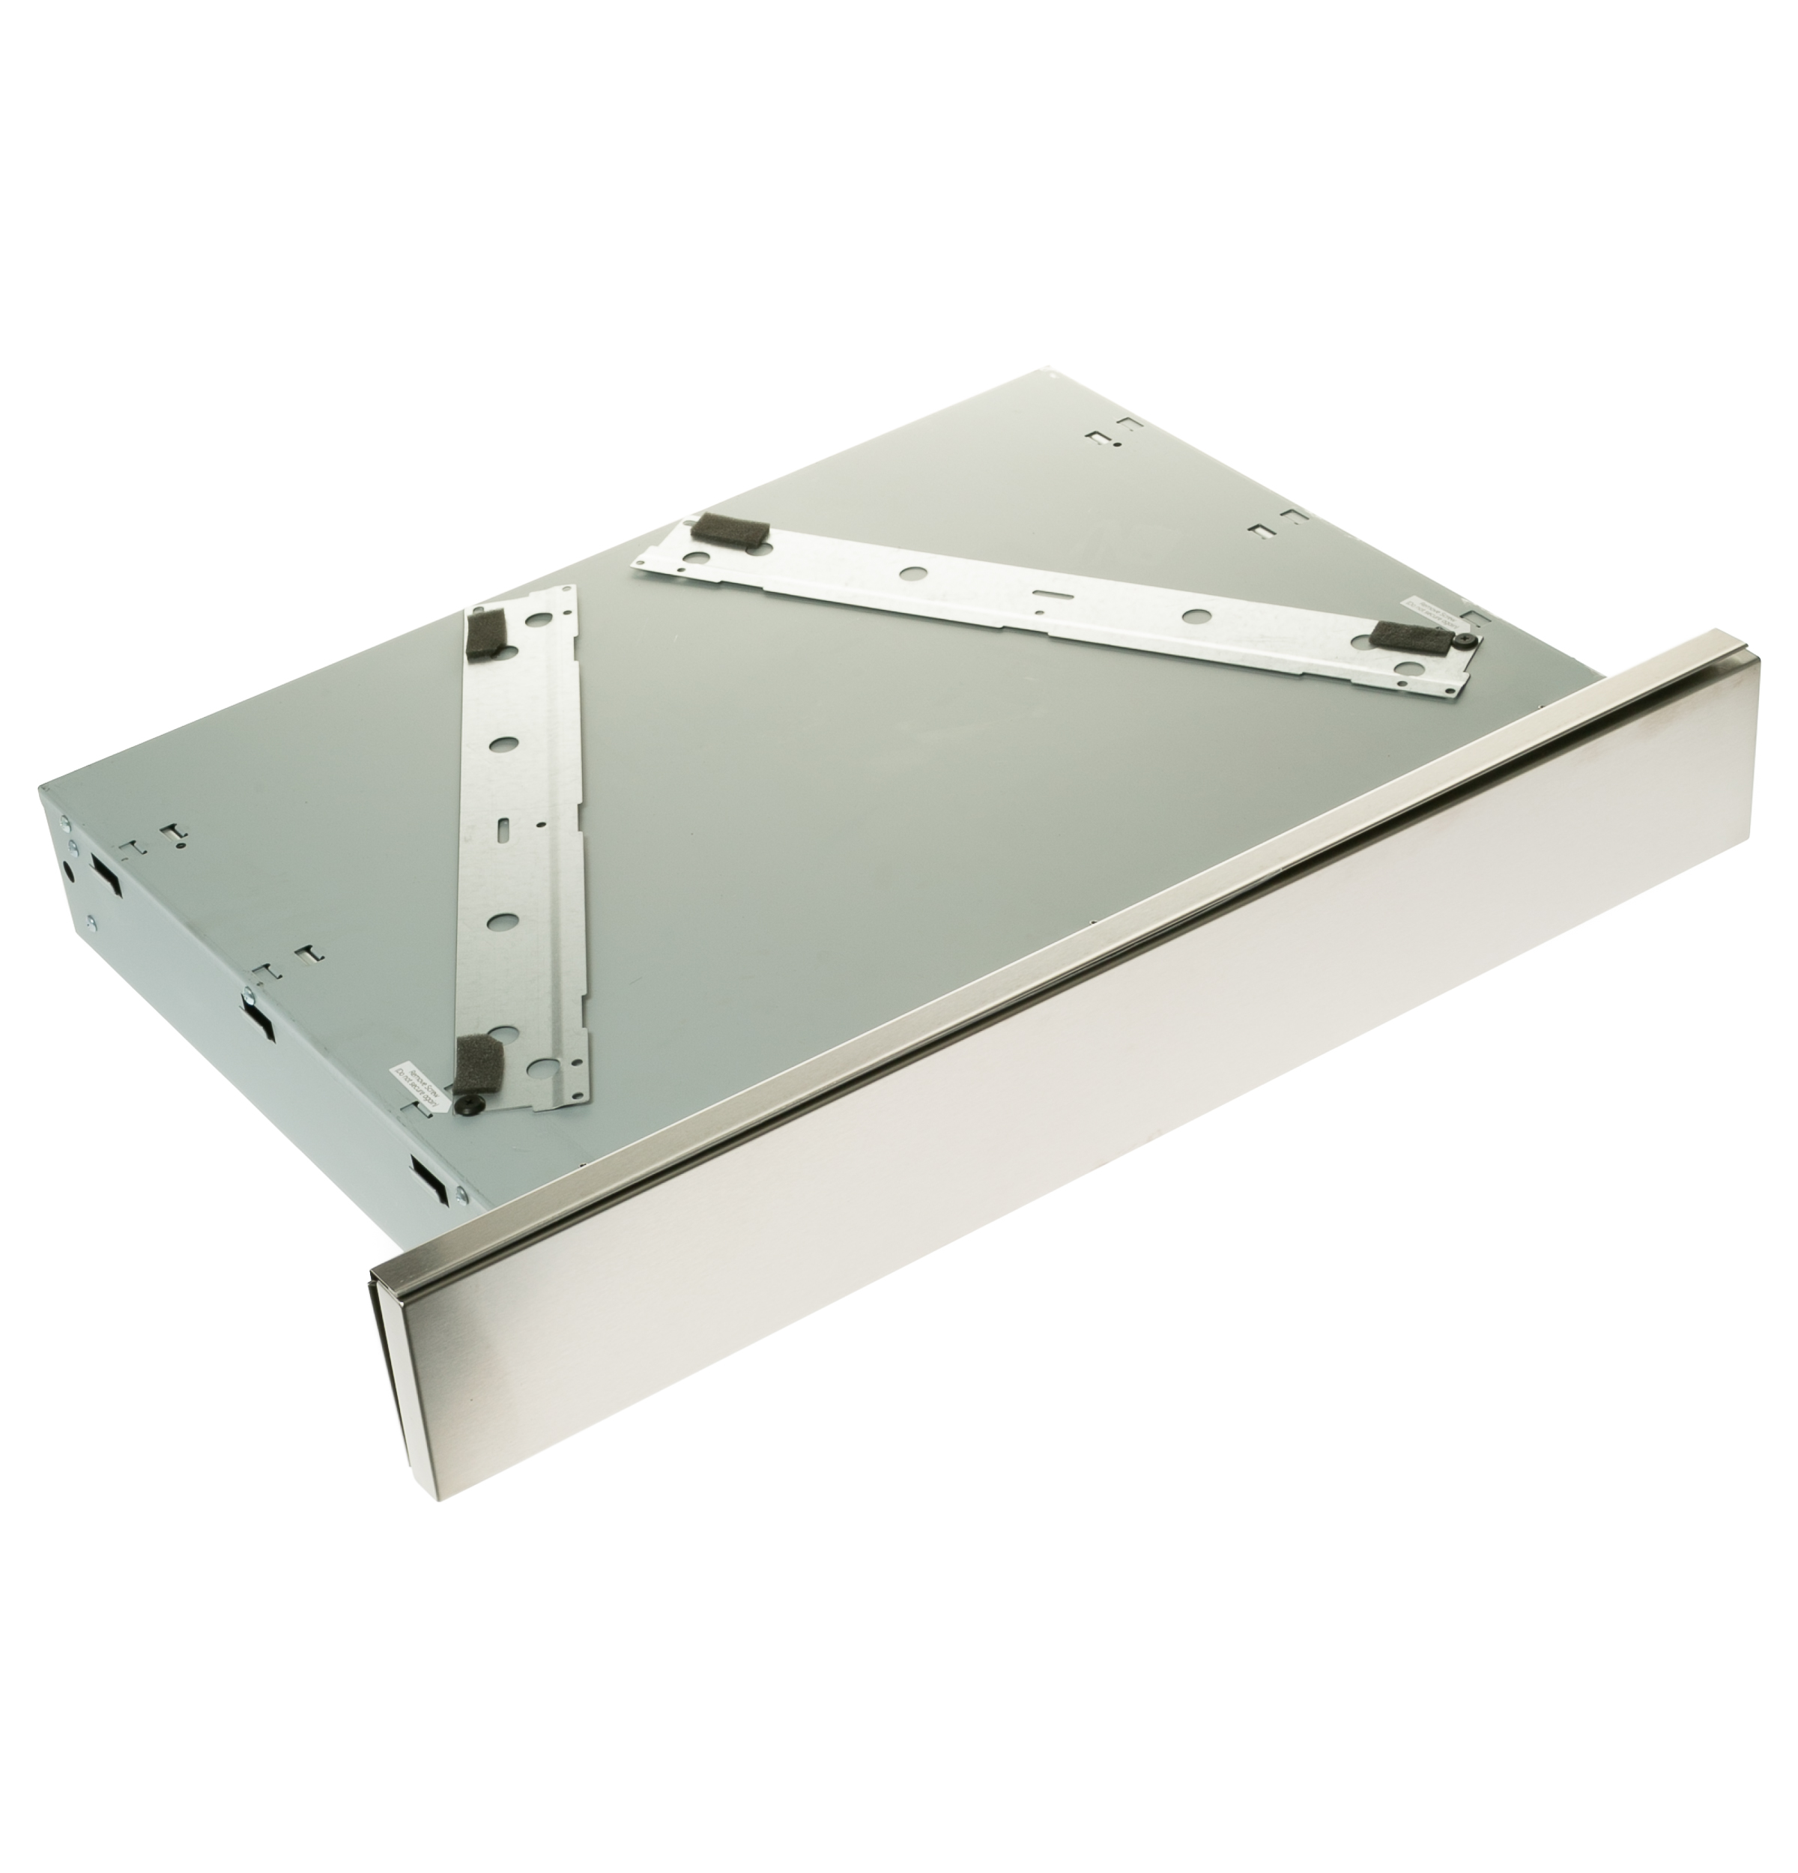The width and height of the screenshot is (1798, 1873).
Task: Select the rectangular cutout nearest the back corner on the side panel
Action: point(105,871)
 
